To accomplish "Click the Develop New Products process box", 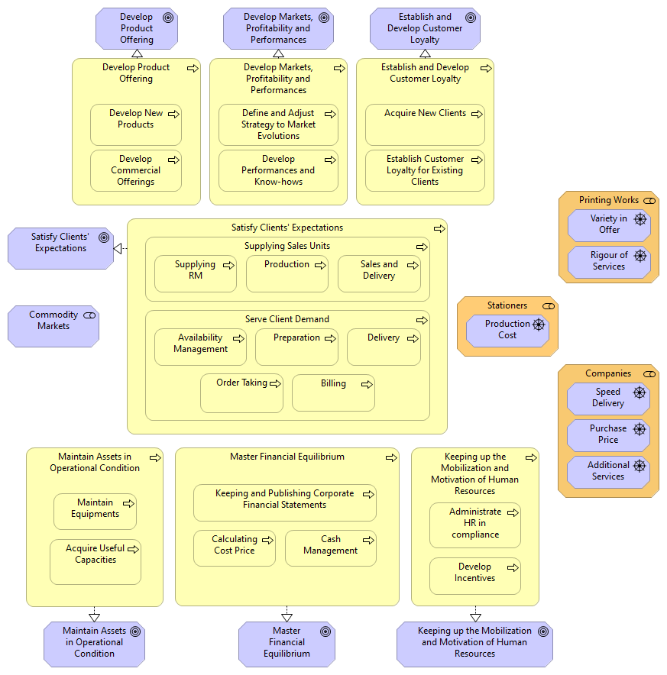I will (x=135, y=124).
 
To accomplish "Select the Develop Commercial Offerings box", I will (x=135, y=171).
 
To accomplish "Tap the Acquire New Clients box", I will (x=425, y=124).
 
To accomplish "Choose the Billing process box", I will (x=333, y=393).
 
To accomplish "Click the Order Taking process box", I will (x=241, y=393).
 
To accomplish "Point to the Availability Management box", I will (x=200, y=347).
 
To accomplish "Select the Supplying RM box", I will (x=195, y=274).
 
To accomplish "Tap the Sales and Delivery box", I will (x=379, y=274).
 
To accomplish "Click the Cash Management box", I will (x=330, y=548).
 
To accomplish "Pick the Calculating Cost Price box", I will (x=234, y=548).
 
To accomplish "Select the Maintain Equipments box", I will (x=95, y=512).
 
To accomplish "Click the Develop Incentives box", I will (x=474, y=576).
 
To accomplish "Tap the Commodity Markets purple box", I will (x=53, y=326).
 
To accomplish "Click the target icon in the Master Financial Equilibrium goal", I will (x=324, y=631).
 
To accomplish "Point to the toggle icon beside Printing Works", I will (x=649, y=200).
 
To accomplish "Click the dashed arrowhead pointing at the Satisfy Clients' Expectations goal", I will (x=118, y=248).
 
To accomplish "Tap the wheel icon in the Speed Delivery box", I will (x=639, y=392).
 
